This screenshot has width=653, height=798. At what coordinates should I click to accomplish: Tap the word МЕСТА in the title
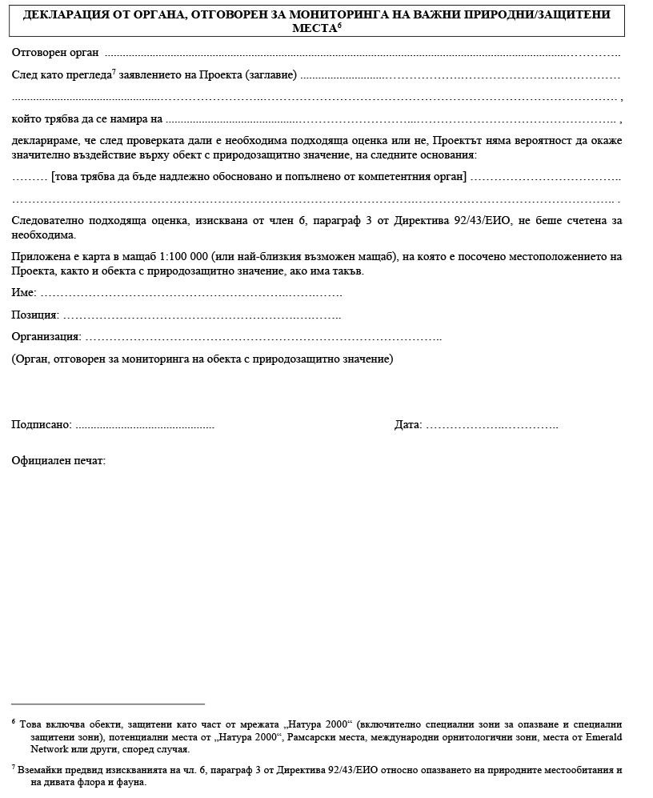click(315, 27)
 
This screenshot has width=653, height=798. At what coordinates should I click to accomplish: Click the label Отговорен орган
click(55, 53)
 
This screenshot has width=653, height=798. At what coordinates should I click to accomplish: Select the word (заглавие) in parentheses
click(270, 75)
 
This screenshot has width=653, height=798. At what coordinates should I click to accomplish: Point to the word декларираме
click(45, 141)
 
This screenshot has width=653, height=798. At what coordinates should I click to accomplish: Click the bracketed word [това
click(65, 177)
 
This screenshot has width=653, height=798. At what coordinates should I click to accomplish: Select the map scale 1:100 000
click(183, 257)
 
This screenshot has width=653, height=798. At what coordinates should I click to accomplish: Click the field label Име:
click(24, 293)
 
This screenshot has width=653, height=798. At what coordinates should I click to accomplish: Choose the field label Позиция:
click(35, 315)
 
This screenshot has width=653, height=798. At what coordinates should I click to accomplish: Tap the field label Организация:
click(46, 337)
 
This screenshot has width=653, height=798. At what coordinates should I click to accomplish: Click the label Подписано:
click(42, 424)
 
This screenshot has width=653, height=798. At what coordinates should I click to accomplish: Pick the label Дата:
click(408, 424)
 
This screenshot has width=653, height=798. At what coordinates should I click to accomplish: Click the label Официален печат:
click(58, 461)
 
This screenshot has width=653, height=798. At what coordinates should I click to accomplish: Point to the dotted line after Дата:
click(491, 425)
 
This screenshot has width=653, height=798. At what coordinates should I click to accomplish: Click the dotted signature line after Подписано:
click(144, 425)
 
